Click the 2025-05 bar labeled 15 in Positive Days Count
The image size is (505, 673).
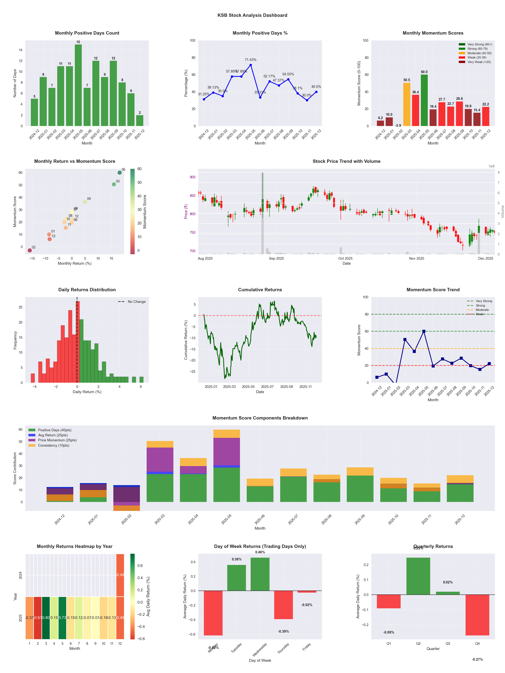78,85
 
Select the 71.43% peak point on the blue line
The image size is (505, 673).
250,65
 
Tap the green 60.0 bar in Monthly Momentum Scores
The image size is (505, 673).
424,100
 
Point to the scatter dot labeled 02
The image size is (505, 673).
30,250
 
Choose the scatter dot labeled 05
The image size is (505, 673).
120,173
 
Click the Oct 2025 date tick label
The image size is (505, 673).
345,258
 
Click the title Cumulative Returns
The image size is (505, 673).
260,290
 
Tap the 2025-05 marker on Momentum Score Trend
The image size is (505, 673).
424,331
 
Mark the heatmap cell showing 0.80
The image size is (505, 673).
46,618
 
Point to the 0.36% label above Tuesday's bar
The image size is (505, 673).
237,559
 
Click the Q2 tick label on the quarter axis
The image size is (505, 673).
418,643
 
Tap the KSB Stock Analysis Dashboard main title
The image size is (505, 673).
252,15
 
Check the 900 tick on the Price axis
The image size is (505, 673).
192,177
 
